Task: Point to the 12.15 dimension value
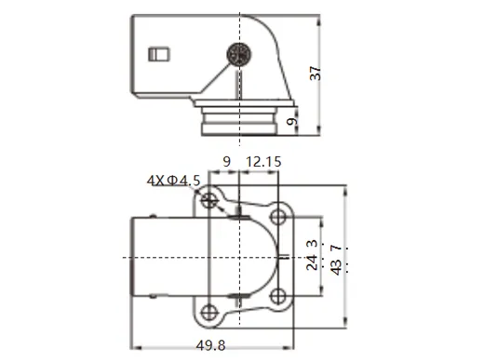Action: (262, 162)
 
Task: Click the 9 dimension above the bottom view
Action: (226, 162)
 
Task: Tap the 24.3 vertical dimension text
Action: (312, 254)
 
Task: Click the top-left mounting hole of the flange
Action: (212, 200)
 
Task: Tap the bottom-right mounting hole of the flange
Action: (278, 297)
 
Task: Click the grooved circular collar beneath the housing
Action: (240, 118)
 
